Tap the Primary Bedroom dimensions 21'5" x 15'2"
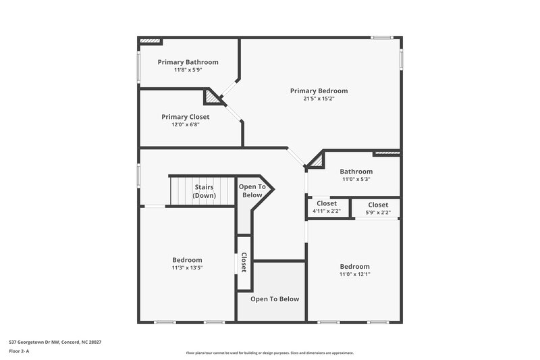tap(319, 99)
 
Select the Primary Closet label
tap(185, 117)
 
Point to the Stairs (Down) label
tap(204, 191)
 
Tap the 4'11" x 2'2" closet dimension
tap(327, 211)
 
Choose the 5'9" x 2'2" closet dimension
tap(378, 212)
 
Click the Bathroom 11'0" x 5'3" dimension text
tap(356, 180)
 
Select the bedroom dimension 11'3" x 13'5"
tap(187, 268)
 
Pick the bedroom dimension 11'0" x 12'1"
tap(354, 274)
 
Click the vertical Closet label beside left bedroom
tap(244, 262)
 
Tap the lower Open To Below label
tap(275, 299)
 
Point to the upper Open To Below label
tap(252, 191)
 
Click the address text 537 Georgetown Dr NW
tap(55, 342)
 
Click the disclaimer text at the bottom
tap(269, 353)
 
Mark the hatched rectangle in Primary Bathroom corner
tap(151, 42)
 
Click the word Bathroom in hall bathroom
tap(356, 172)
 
